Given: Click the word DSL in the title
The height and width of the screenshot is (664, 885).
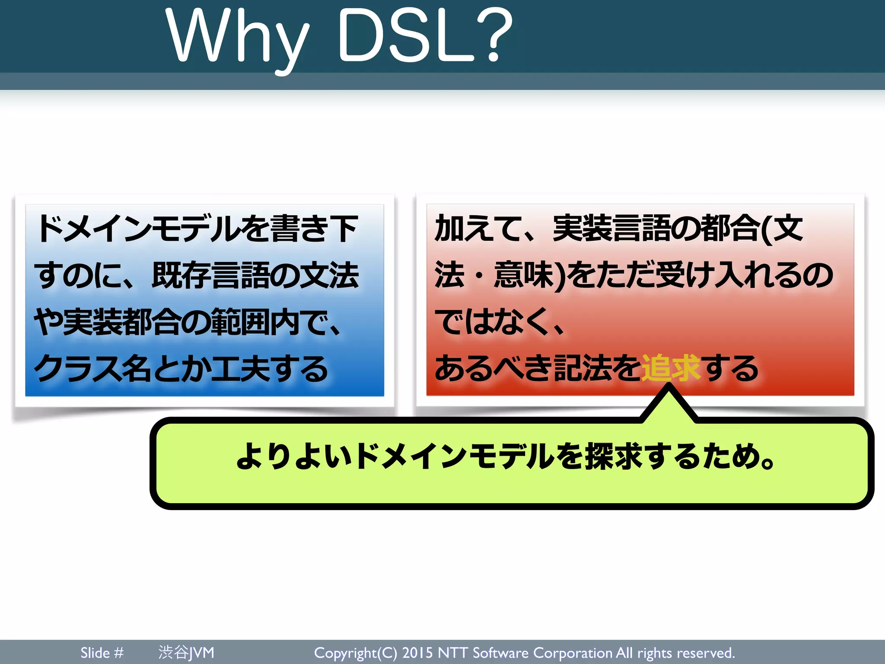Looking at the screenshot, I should coord(406,37).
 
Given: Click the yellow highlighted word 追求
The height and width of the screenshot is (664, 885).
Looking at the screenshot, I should coord(670,368).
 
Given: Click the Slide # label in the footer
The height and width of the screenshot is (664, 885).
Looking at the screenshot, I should coord(102,653).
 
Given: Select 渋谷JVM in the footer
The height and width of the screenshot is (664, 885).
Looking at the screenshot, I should coord(186,653).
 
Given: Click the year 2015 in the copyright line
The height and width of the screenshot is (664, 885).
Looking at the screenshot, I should coord(417,653).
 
